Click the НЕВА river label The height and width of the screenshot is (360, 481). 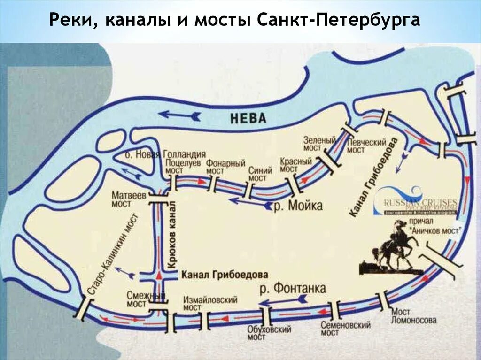(x=248, y=118)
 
